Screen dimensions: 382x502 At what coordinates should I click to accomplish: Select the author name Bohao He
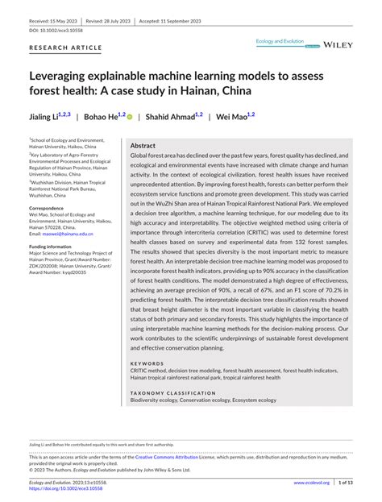click(x=102, y=116)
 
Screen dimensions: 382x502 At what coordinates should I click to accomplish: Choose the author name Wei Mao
click(x=230, y=116)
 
